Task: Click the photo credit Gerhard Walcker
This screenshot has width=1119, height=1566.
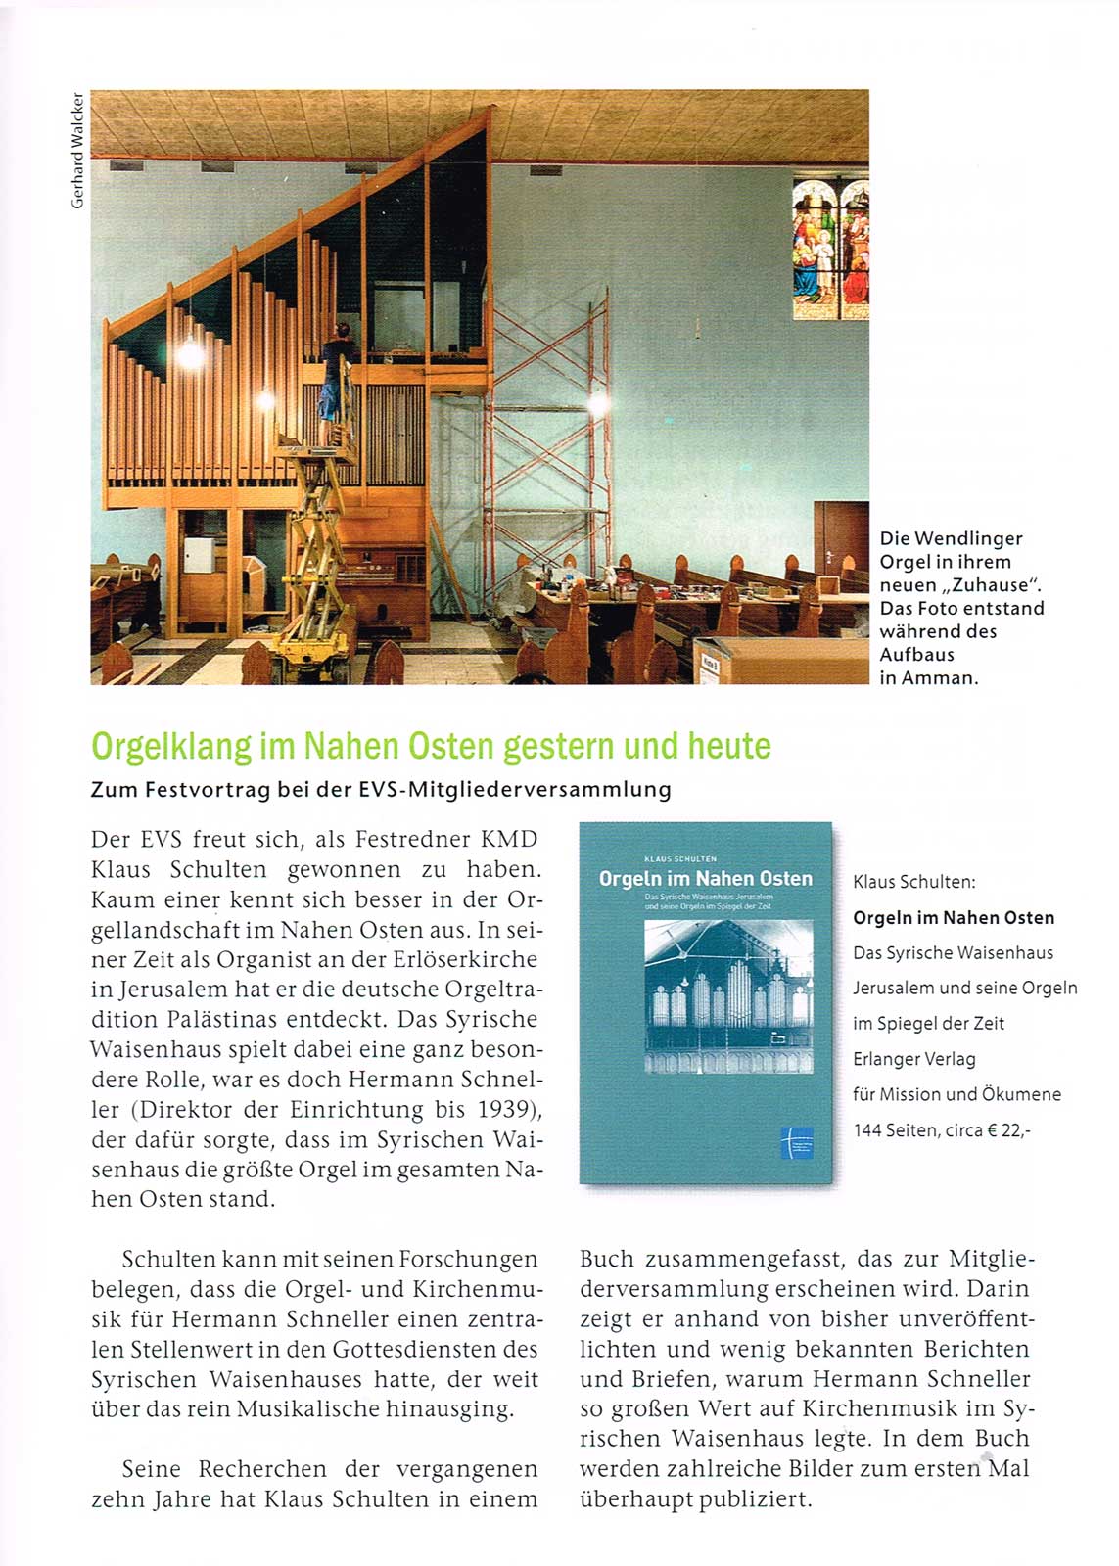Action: coord(77,150)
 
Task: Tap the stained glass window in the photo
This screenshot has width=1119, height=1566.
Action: coord(830,249)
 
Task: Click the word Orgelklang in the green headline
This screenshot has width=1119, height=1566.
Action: coord(171,747)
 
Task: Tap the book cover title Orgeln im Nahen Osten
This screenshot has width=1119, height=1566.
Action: coord(705,879)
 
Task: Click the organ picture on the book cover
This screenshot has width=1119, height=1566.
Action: coord(728,996)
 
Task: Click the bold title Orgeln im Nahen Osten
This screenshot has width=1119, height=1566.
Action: coord(954,918)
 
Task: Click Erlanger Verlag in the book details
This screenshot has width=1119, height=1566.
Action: coord(913,1059)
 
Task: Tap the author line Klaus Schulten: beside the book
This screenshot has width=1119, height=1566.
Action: coord(913,882)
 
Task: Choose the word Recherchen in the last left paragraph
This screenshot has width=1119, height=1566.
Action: coord(262,1469)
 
